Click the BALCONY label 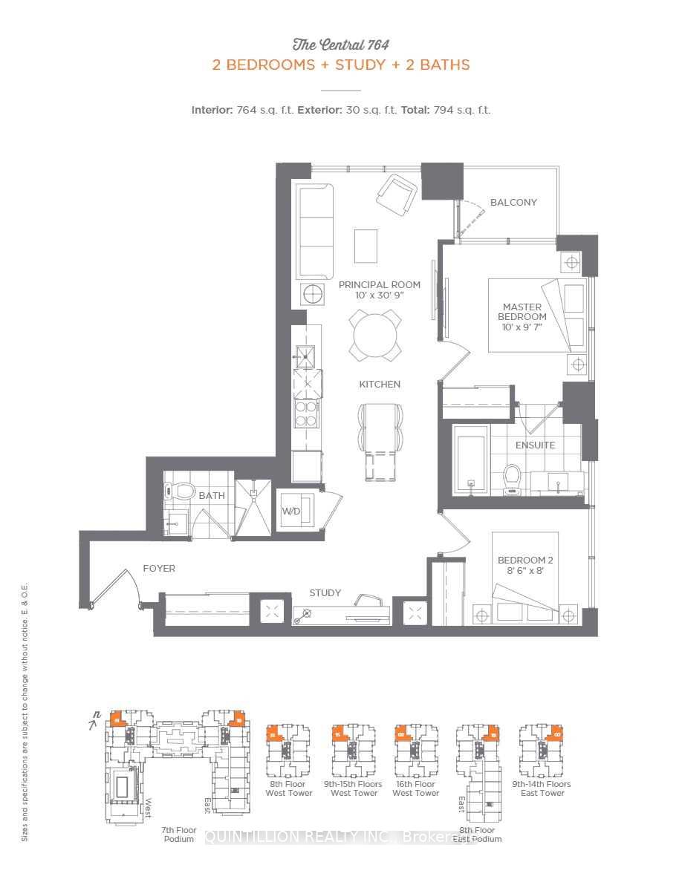pyautogui.click(x=513, y=202)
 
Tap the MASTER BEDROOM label pyautogui.click(x=522, y=312)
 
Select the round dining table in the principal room pyautogui.click(x=377, y=335)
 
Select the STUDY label pyautogui.click(x=325, y=592)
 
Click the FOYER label pyautogui.click(x=159, y=569)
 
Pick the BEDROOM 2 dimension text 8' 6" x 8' pyautogui.click(x=526, y=572)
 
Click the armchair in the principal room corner pyautogui.click(x=397, y=195)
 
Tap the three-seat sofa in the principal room pyautogui.click(x=316, y=231)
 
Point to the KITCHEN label pyautogui.click(x=380, y=384)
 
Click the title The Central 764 pyautogui.click(x=341, y=44)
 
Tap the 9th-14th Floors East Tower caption pyautogui.click(x=542, y=788)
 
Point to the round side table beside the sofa pyautogui.click(x=312, y=293)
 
